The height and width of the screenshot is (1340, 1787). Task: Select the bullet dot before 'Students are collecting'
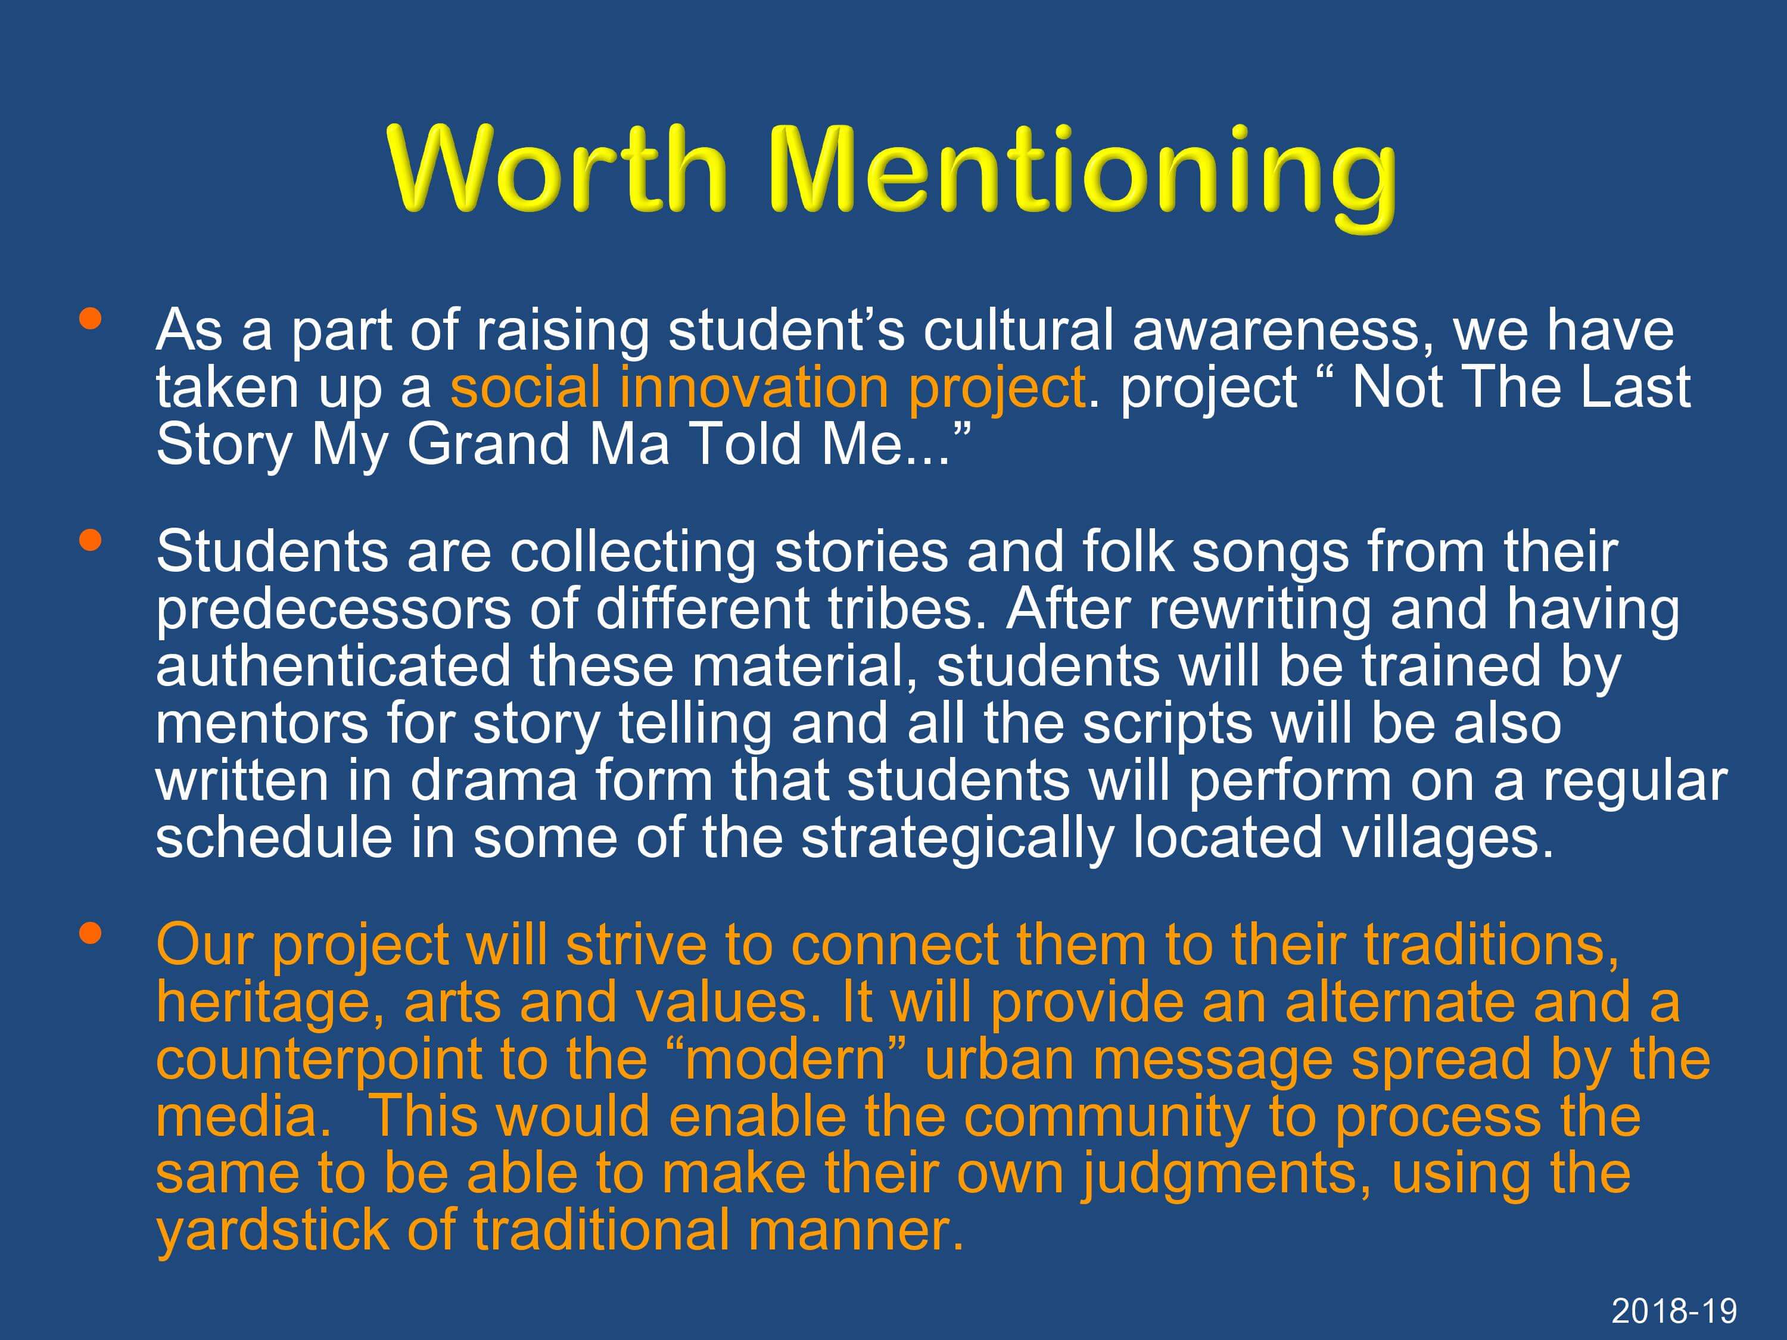pos(91,539)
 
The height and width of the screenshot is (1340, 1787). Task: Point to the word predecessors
pos(334,610)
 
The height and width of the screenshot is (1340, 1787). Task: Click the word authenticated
pos(334,666)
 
